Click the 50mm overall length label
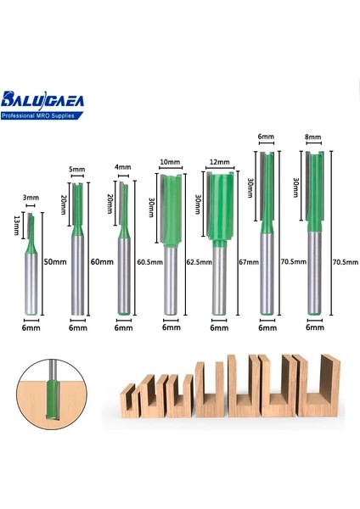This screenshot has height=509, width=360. pos(55,263)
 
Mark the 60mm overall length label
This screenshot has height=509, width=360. pos(100,263)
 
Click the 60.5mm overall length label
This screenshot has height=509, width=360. pos(147,263)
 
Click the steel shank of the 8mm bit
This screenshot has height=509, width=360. pos(314,271)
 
